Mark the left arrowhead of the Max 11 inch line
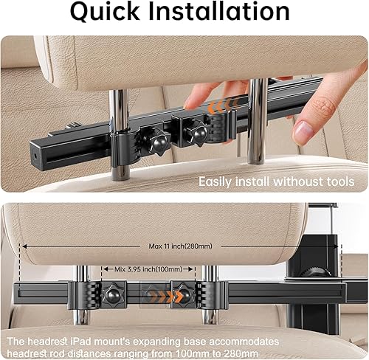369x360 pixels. [x=25, y=246]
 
